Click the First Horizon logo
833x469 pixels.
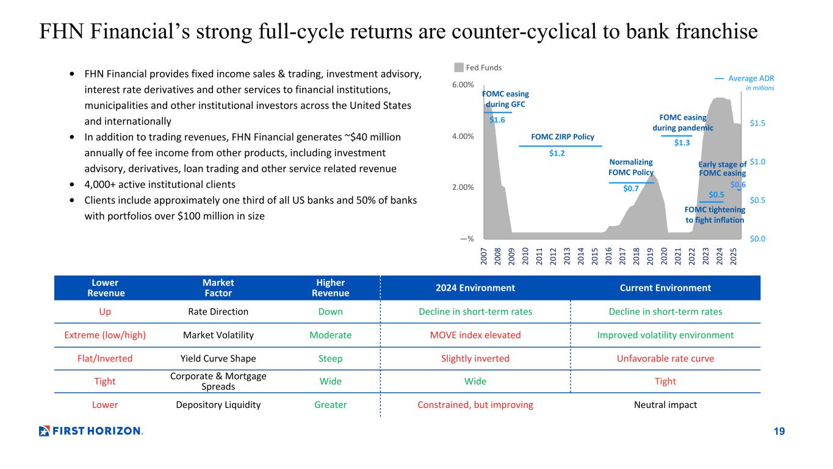pyautogui.click(x=91, y=431)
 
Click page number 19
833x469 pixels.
pyautogui.click(x=779, y=432)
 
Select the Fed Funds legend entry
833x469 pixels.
pyautogui.click(x=480, y=68)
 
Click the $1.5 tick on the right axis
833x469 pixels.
pyautogui.click(x=757, y=123)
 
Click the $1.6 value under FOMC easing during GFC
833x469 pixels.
pyautogui.click(x=497, y=120)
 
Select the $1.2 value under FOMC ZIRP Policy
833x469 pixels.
pyautogui.click(x=557, y=153)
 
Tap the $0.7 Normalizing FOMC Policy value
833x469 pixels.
pyautogui.click(x=631, y=189)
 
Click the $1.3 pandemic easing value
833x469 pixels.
pyautogui.click(x=682, y=142)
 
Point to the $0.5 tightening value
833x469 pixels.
pyautogui.click(x=716, y=195)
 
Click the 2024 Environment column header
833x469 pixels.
pyautogui.click(x=475, y=288)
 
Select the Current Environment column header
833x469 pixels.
pyautogui.click(x=665, y=288)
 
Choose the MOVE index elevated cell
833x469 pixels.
pyautogui.click(x=475, y=335)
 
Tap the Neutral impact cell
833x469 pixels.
pyautogui.click(x=665, y=405)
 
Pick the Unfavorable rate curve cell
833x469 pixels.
pyautogui.click(x=665, y=358)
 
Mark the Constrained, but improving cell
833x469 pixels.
pyautogui.click(x=475, y=405)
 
